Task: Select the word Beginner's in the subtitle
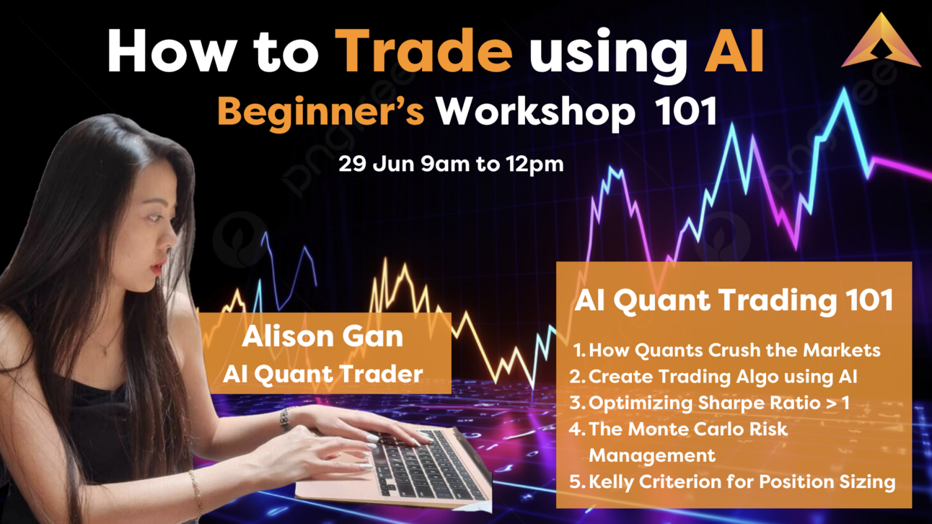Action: [321, 112]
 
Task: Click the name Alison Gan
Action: [322, 337]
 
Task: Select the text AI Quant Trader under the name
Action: [322, 373]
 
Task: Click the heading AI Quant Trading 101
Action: [734, 300]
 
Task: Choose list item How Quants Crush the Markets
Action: [734, 350]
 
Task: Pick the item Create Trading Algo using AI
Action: [723, 376]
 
